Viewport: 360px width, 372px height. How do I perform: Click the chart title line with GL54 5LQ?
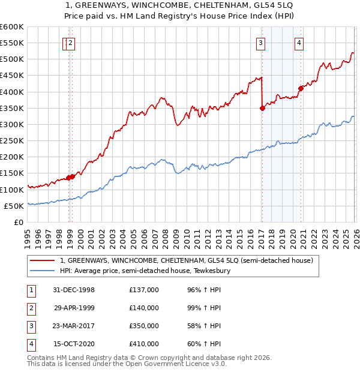pyautogui.click(x=179, y=5)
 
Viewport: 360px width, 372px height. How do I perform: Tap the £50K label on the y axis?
pyautogui.click(x=14, y=206)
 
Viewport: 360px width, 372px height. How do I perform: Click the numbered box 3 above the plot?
pyautogui.click(x=261, y=43)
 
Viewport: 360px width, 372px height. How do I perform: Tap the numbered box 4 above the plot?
pyautogui.click(x=299, y=43)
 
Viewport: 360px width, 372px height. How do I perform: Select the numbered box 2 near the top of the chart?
pyautogui.click(x=71, y=43)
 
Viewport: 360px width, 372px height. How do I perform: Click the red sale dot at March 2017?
pyautogui.click(x=262, y=109)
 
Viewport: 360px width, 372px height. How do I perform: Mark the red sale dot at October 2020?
pyautogui.click(x=301, y=89)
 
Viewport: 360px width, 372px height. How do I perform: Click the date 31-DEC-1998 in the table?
pyautogui.click(x=74, y=290)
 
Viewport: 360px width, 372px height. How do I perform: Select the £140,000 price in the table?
pyautogui.click(x=144, y=308)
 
